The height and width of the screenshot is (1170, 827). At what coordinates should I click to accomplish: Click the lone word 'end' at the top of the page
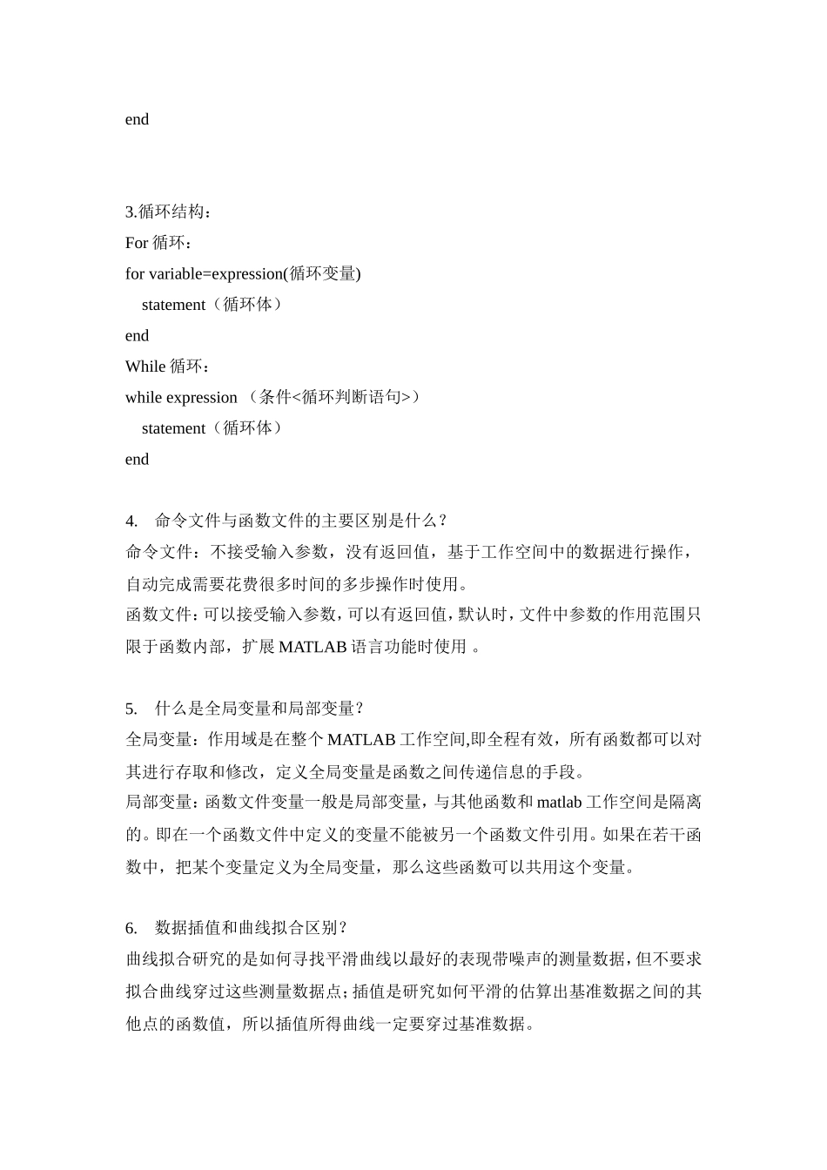point(137,119)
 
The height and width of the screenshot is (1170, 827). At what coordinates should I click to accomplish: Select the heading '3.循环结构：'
point(169,212)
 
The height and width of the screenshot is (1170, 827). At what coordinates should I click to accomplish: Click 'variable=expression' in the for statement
point(216,273)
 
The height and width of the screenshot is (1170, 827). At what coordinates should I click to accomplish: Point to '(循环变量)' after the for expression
point(323,273)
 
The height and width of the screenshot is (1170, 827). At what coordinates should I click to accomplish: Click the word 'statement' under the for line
point(173,305)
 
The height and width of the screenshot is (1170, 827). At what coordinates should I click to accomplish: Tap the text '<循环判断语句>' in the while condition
point(352,397)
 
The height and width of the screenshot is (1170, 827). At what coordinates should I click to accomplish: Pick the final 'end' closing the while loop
point(137,459)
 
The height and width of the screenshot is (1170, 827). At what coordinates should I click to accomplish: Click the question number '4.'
point(131,521)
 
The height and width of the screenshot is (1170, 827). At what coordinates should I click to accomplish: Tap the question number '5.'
point(131,708)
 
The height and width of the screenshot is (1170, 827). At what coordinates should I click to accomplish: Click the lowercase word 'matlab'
point(559,802)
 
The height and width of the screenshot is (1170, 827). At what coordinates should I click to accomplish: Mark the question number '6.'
point(131,927)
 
